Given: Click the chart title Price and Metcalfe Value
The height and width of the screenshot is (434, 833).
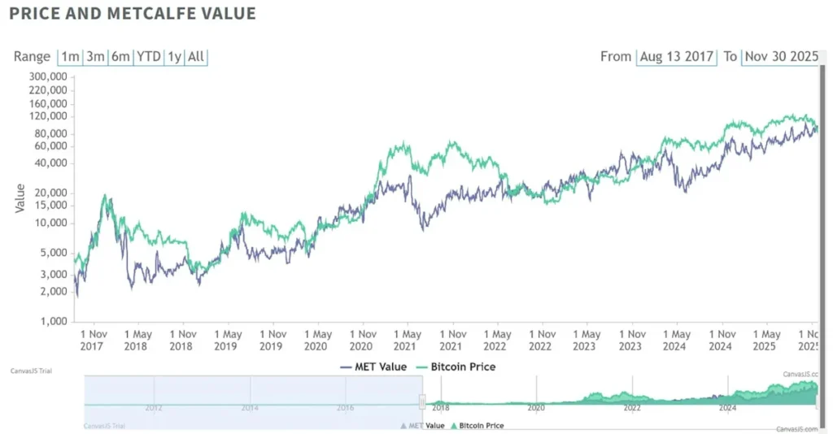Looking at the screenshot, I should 133,14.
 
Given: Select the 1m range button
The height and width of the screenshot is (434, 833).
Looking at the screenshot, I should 71,57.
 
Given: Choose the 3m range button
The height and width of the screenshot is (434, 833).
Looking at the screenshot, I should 96,57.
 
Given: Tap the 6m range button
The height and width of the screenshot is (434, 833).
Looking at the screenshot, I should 121,57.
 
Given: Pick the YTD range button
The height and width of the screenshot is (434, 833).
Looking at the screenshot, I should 148,57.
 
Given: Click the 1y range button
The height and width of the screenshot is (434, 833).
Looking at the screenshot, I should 174,57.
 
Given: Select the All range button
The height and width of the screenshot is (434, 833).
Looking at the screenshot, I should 196,57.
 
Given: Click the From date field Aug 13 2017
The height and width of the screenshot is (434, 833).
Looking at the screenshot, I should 676,57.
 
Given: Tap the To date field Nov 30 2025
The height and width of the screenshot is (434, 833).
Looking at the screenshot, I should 779,57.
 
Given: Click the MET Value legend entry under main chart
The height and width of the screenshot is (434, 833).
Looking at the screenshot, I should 373,367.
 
